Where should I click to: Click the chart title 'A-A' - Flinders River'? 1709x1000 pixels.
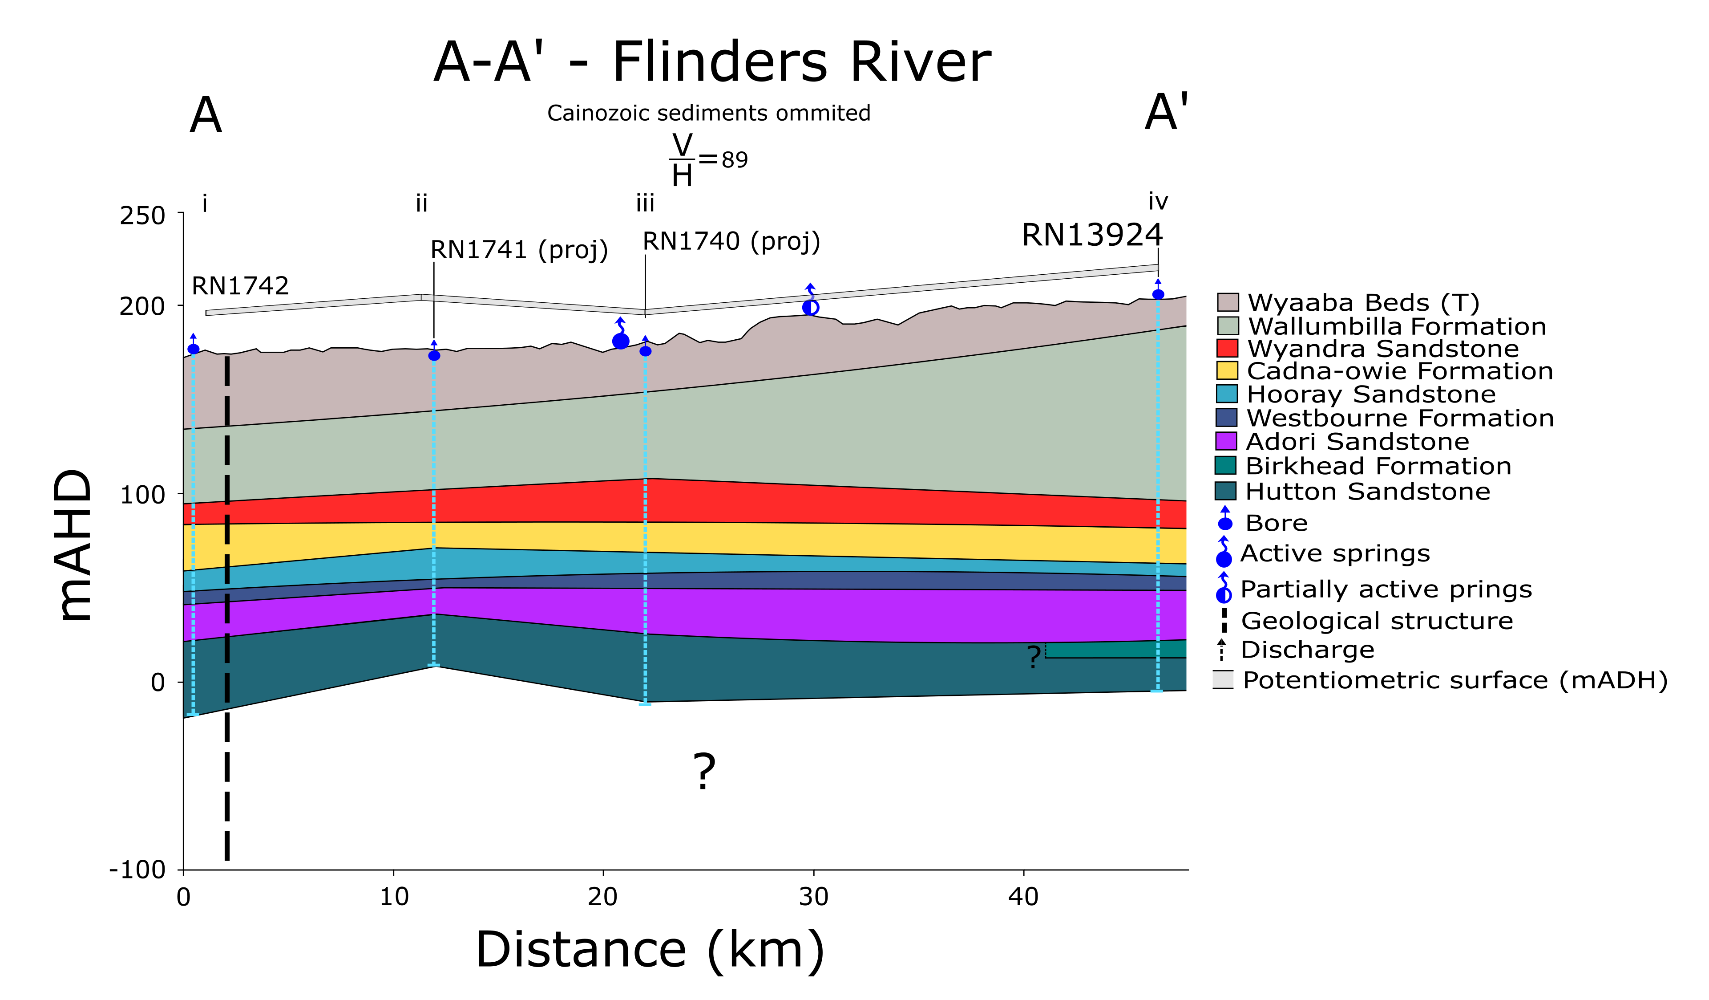711,62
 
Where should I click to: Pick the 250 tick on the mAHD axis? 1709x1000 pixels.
142,216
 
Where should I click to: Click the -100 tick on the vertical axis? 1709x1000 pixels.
137,869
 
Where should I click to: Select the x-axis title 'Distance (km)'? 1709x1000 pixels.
650,950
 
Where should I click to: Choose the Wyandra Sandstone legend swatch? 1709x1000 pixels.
1227,348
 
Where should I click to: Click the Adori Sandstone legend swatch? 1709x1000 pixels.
1226,441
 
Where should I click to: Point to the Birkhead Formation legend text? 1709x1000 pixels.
1378,466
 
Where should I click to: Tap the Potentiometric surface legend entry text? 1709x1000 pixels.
1454,680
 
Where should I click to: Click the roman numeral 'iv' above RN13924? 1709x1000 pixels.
1158,202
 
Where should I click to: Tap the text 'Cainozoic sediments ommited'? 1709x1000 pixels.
709,113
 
